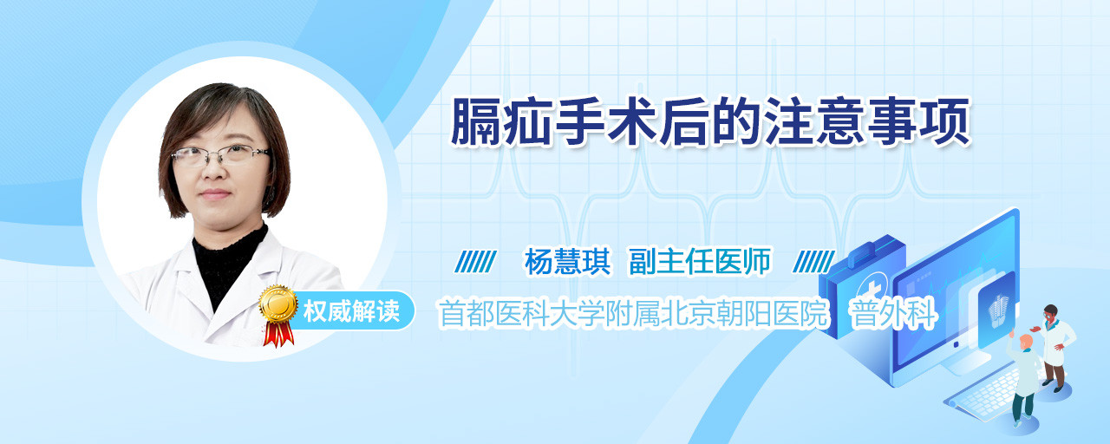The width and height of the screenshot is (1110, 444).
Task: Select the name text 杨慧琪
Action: pyautogui.click(x=567, y=262)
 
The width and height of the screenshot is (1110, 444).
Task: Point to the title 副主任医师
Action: pyautogui.click(x=700, y=262)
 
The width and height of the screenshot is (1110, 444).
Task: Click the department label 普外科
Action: pyautogui.click(x=893, y=314)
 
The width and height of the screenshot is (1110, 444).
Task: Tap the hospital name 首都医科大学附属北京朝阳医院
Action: pyautogui.click(x=634, y=314)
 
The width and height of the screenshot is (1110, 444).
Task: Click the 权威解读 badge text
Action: pyautogui.click(x=351, y=311)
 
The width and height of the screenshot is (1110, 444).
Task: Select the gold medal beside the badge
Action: pyautogui.click(x=278, y=304)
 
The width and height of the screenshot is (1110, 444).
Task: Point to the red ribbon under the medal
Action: pyautogui.click(x=278, y=334)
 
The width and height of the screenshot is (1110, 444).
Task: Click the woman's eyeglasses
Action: pyautogui.click(x=220, y=154)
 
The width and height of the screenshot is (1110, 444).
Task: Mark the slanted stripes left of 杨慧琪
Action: pyautogui.click(x=475, y=262)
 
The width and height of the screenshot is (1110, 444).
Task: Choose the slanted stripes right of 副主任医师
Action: pyautogui.click(x=813, y=262)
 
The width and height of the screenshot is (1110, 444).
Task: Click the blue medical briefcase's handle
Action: pyautogui.click(x=868, y=251)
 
